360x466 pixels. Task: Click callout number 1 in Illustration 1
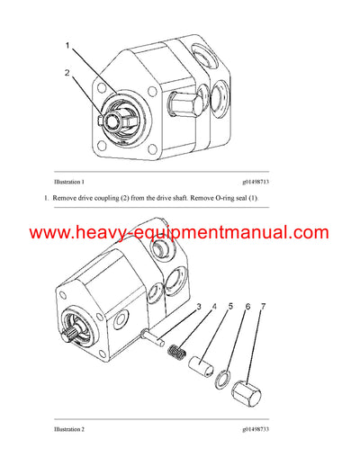tap(65, 44)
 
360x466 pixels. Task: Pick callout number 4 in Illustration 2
tap(213, 308)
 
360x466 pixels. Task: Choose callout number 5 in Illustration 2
tap(230, 308)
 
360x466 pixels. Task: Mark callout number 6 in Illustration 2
tap(247, 308)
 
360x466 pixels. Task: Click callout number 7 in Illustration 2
tap(263, 308)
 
